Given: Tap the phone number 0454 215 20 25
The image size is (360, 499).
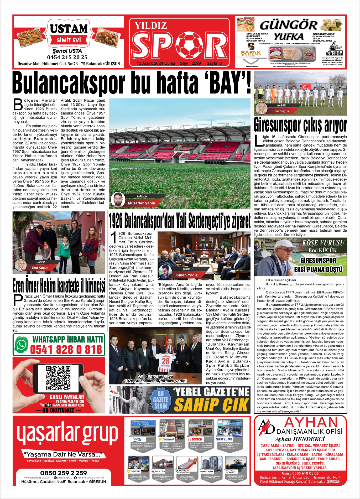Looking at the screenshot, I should click(67, 57).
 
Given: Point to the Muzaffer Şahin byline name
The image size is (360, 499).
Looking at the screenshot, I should click(142, 203).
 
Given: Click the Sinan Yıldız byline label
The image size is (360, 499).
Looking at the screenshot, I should click(187, 275).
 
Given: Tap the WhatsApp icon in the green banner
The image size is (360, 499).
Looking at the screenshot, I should click(21, 345).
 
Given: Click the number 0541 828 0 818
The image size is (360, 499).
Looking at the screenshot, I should click(66, 350).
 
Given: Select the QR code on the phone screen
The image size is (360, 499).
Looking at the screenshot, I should click(58, 378).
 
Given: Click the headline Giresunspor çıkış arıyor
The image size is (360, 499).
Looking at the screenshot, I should click(300, 125).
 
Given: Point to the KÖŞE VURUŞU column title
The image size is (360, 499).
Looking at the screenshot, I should click(323, 243).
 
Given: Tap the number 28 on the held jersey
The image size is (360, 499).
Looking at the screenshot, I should click(165, 361).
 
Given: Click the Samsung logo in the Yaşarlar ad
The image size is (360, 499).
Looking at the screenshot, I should click(224, 439).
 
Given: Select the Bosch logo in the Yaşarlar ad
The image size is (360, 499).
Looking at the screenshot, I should click(195, 439).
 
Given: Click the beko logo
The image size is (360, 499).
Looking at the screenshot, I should click(137, 439).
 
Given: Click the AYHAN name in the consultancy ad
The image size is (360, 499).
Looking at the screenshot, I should click(311, 423).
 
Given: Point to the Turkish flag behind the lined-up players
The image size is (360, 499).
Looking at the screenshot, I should click(307, 87).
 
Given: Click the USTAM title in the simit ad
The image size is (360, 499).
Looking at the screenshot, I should click(69, 29).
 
